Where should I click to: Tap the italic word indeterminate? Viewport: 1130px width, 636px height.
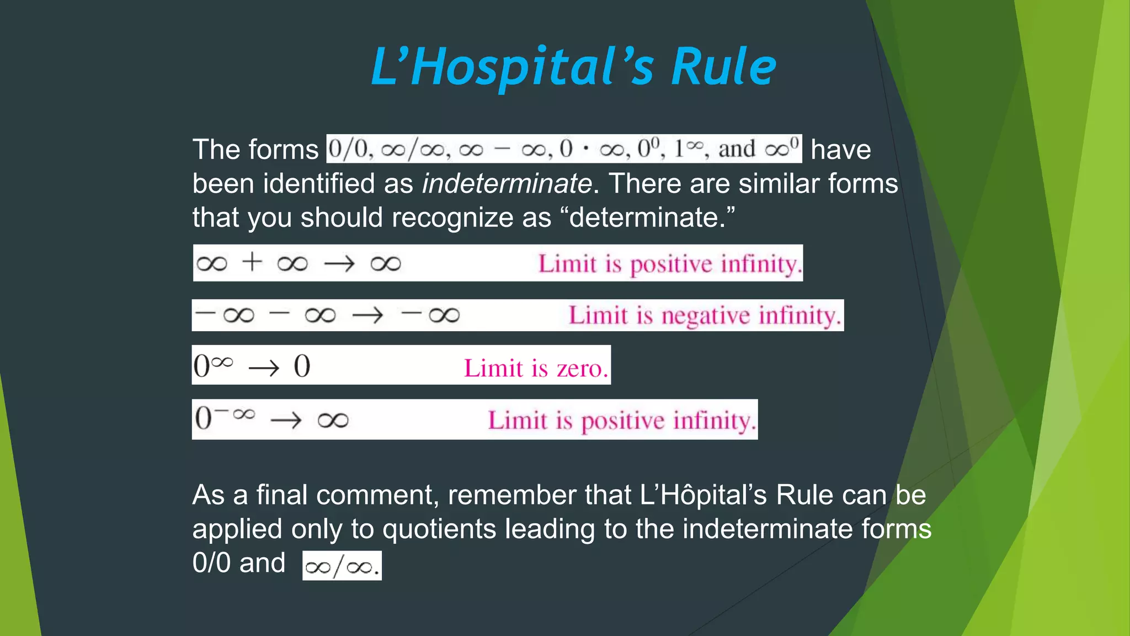(x=507, y=183)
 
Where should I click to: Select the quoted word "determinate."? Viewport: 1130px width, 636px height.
(x=652, y=218)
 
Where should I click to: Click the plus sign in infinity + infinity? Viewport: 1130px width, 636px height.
(x=252, y=262)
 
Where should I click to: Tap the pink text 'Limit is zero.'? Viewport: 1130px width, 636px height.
(x=536, y=368)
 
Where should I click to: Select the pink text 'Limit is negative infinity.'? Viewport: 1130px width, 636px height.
(x=705, y=316)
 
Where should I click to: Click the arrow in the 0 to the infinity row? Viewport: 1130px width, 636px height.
(x=264, y=368)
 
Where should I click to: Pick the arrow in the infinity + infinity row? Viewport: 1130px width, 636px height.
(x=339, y=263)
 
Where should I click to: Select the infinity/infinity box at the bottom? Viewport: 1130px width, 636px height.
(x=342, y=566)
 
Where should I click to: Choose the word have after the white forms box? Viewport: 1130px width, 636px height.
(x=840, y=150)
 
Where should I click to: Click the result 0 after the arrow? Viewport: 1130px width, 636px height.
(x=302, y=366)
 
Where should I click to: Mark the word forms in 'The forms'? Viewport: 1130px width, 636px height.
(x=283, y=150)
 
